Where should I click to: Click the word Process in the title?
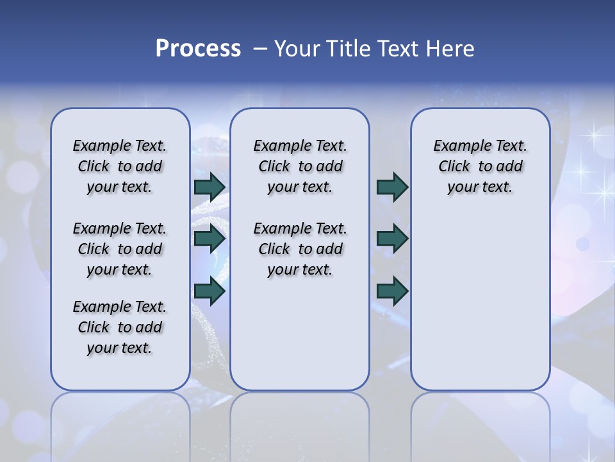(x=198, y=49)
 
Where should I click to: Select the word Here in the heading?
(x=451, y=49)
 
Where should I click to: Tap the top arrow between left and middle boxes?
(x=209, y=187)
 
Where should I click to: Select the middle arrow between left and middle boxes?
(x=209, y=239)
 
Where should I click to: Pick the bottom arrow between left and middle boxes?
(x=209, y=291)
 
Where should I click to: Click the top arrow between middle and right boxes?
(x=392, y=187)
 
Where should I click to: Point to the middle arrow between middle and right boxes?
(x=392, y=239)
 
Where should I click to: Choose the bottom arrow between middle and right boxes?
(x=392, y=291)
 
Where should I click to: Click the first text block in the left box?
(x=120, y=166)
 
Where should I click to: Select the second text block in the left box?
(x=120, y=249)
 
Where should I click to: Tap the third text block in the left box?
(x=120, y=327)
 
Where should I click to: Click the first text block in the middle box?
(x=300, y=166)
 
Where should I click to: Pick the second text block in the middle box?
(x=300, y=249)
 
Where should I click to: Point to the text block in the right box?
(x=480, y=166)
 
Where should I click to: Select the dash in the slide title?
(x=259, y=49)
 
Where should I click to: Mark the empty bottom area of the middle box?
(x=300, y=340)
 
